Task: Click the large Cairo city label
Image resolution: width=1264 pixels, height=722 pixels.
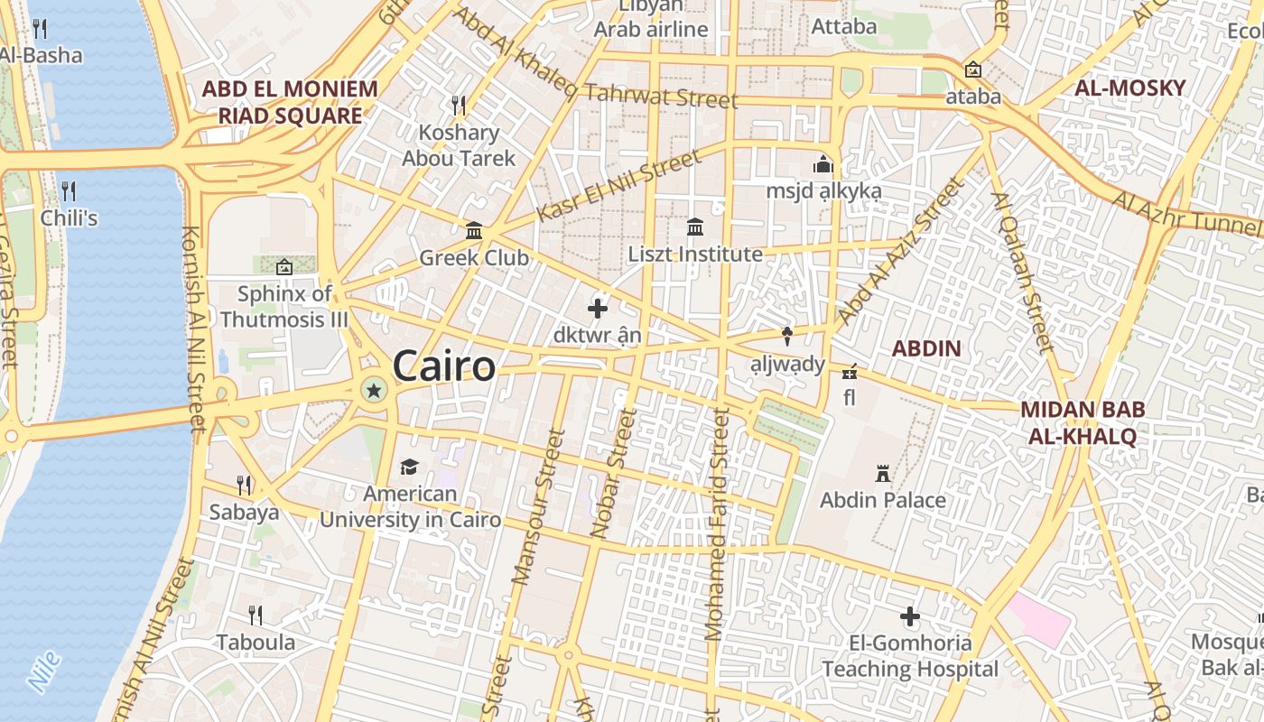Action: tap(444, 366)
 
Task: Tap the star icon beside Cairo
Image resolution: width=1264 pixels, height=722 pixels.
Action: tap(373, 390)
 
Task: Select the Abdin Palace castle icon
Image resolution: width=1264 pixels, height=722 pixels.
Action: tap(883, 473)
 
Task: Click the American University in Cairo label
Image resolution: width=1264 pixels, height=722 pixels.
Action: tap(410, 506)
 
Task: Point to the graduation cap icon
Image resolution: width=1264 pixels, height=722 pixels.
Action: tap(410, 467)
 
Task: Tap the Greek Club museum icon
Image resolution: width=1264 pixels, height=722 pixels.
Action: tap(474, 231)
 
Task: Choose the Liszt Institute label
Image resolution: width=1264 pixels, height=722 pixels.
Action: tap(695, 255)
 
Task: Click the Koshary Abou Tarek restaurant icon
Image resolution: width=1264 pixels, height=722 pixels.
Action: tap(459, 106)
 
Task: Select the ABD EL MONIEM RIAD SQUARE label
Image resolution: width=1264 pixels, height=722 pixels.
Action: tap(290, 102)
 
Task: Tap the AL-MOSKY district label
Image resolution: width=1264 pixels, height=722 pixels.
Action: tap(1129, 88)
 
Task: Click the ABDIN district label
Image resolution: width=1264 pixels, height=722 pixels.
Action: tap(926, 348)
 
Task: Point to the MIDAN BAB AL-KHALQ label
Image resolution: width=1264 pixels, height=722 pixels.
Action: tap(1083, 422)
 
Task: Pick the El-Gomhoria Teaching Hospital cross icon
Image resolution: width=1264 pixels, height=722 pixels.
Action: tap(910, 617)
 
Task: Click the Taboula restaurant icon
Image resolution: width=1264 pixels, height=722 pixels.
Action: tap(256, 616)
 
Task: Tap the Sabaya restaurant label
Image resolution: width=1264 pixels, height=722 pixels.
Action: tap(244, 512)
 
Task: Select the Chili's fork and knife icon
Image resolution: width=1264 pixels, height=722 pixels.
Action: tap(68, 190)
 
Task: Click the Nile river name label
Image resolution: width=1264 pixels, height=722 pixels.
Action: tap(44, 671)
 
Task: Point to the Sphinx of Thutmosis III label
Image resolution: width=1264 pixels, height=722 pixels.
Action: tap(284, 306)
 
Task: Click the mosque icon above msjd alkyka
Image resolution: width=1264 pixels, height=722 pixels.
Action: tap(823, 165)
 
